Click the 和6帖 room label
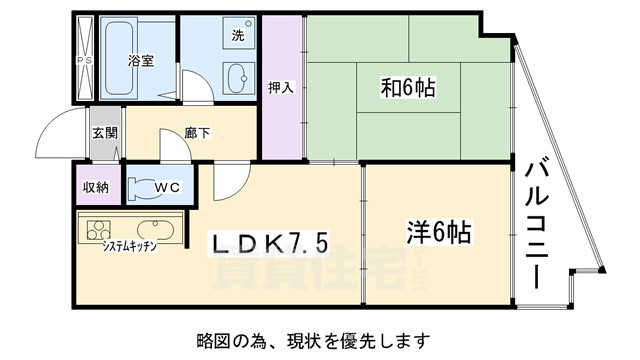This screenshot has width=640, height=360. pyautogui.click(x=406, y=88)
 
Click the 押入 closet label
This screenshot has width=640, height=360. pyautogui.click(x=281, y=87)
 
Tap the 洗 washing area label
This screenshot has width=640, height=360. pyautogui.click(x=237, y=35)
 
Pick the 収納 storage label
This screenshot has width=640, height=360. pyautogui.click(x=96, y=186)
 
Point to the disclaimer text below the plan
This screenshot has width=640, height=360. pyautogui.click(x=320, y=337)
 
